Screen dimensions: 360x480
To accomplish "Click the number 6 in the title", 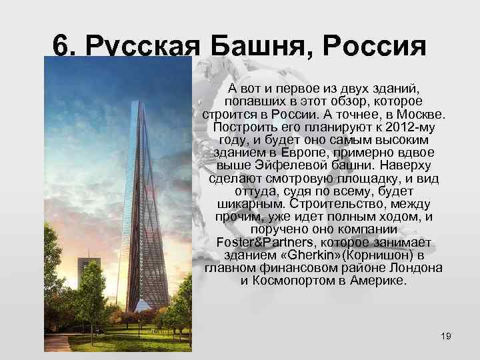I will point(61,47).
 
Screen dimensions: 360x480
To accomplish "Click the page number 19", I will point(446,335).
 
